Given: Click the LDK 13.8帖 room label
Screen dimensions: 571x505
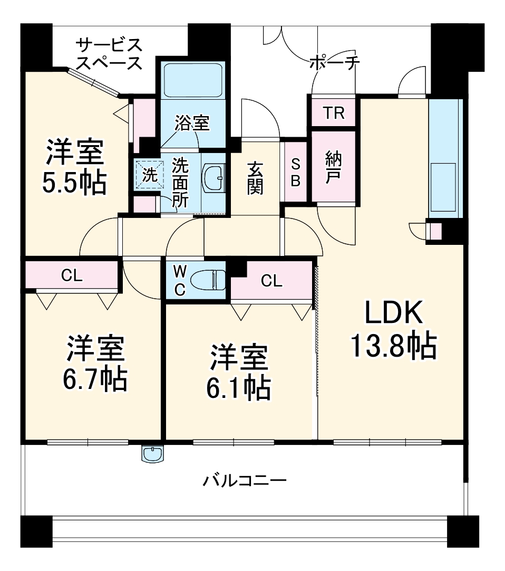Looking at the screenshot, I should coord(393,330).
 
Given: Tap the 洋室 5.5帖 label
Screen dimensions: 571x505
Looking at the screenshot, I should coord(75,167).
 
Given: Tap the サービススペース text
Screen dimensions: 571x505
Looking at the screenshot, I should coord(109,53).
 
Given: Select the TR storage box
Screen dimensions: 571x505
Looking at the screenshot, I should coord(333,113).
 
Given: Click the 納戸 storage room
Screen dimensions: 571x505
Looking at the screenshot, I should coord(333,167).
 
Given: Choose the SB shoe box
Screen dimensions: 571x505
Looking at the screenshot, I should coord(295,172).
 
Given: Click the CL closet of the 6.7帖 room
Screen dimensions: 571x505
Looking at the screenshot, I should coord(72,275).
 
